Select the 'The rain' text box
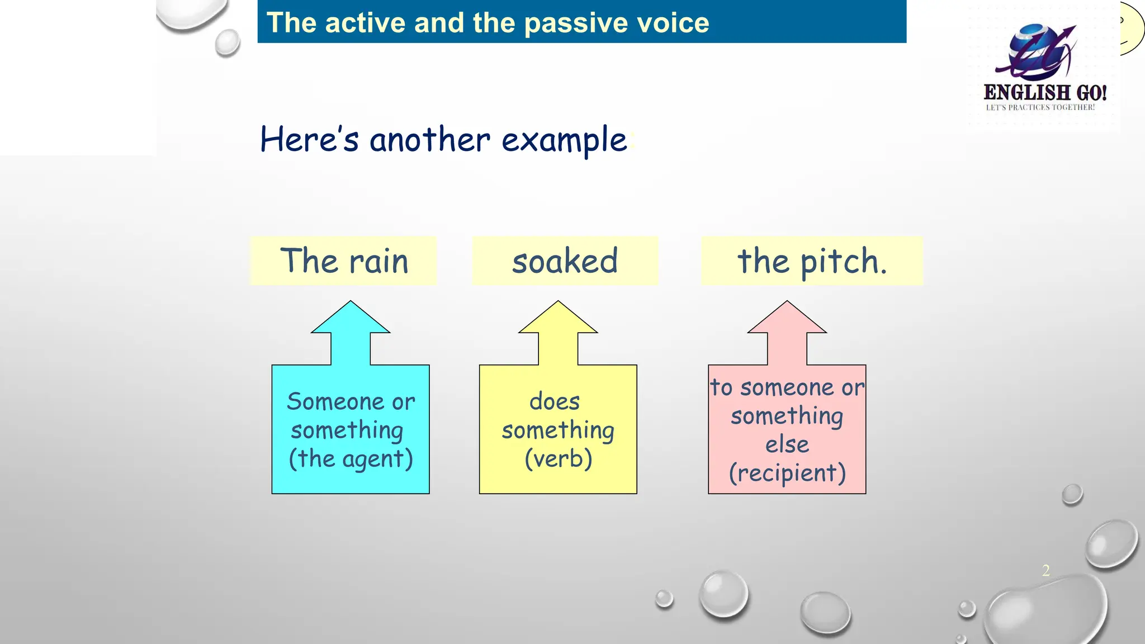pos(343,261)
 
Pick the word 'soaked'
pos(565,261)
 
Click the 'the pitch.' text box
pos(812,261)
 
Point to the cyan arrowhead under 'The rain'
pos(351,320)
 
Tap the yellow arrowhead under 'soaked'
pos(558,320)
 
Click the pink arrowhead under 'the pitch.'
pos(787,320)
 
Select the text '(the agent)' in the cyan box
pos(351,459)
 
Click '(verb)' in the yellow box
pos(558,459)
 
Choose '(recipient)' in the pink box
pos(787,473)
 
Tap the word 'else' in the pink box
pos(787,444)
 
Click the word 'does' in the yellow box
pos(555,401)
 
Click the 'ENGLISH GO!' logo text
pos(1044,92)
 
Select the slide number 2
pos(1045,570)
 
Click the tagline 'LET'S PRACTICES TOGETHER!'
pos(1040,107)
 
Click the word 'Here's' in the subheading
pos(309,140)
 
